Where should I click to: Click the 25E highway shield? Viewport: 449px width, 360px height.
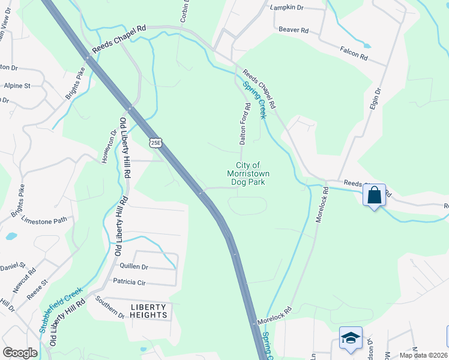[x=155, y=142]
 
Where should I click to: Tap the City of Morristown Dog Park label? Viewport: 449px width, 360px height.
[x=248, y=173]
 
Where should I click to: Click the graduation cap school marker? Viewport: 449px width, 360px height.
[x=351, y=338]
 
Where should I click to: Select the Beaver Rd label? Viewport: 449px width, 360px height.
[x=294, y=29]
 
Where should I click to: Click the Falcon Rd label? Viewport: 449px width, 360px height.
[x=354, y=55]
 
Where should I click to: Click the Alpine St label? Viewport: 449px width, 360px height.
[x=17, y=86]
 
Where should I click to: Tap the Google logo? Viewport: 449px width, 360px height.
[x=19, y=353]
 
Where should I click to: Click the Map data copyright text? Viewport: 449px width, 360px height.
[x=423, y=355]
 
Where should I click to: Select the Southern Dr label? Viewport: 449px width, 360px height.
[x=109, y=306]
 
